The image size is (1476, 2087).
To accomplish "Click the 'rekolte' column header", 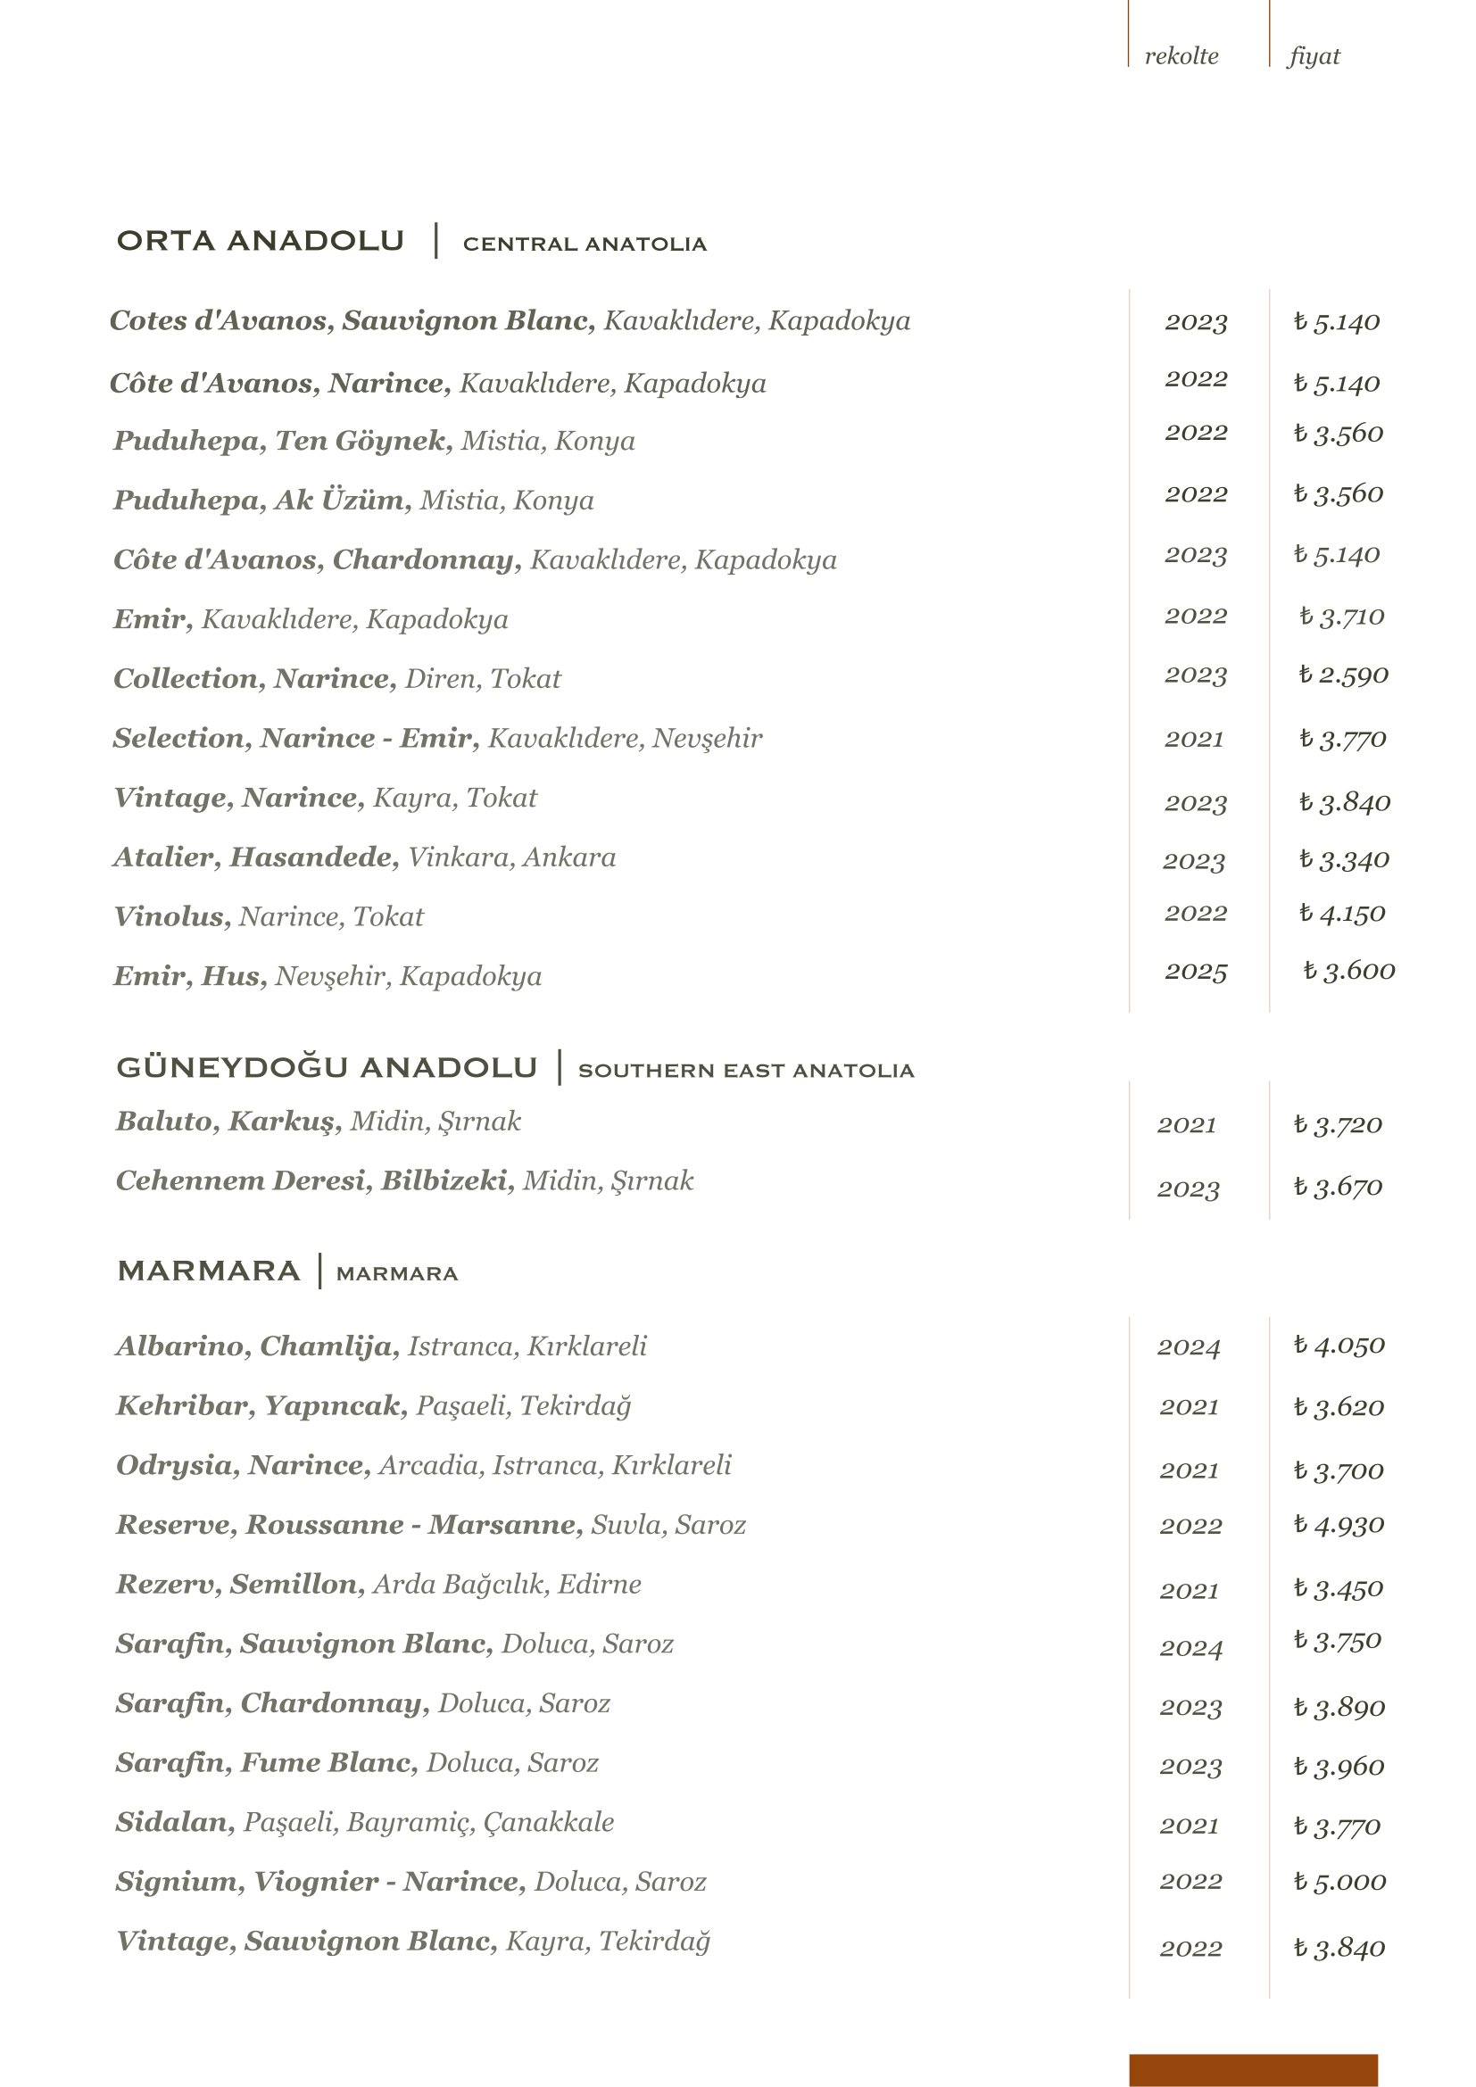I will click(1181, 56).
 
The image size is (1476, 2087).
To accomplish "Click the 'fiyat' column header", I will click(1314, 56).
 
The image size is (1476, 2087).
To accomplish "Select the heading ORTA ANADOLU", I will click(260, 241).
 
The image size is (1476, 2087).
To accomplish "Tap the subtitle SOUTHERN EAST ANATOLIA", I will click(745, 1071).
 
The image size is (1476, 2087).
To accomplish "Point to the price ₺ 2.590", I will click(1342, 675).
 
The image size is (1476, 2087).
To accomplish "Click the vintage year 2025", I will click(1195, 972).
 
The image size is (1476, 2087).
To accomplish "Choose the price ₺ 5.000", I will click(1339, 1882).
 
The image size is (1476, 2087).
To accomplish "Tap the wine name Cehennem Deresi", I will click(240, 1180).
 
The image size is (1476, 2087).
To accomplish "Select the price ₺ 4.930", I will click(1339, 1524).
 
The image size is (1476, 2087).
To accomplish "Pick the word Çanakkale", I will click(548, 1823).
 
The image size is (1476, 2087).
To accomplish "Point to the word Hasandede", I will click(312, 857).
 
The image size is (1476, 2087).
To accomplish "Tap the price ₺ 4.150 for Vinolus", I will click(1341, 914).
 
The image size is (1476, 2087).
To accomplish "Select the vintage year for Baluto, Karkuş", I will click(1186, 1125).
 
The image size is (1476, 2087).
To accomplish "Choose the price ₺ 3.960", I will click(1339, 1766).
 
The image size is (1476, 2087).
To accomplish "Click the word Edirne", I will click(599, 1585).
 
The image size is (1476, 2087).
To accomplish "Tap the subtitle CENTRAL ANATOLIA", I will click(585, 244).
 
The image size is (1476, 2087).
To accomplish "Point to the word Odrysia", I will click(175, 1465).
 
